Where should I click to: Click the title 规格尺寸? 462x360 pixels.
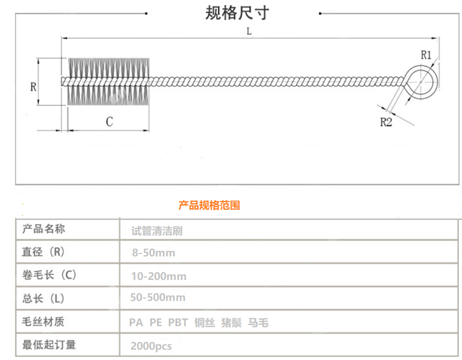pyautogui.click(x=237, y=13)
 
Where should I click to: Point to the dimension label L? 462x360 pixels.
pyautogui.click(x=248, y=31)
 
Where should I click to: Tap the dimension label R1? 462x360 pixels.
pyautogui.click(x=426, y=55)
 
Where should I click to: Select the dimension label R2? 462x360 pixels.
pyautogui.click(x=386, y=122)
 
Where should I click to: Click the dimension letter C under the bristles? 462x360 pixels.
pyautogui.click(x=109, y=122)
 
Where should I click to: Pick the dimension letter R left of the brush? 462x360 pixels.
pyautogui.click(x=33, y=87)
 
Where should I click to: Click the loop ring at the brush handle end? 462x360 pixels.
pyautogui.click(x=423, y=82)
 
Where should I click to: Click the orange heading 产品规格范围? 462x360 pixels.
pyautogui.click(x=209, y=206)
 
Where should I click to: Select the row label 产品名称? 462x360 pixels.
pyautogui.click(x=44, y=229)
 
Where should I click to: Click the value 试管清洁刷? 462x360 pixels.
pyautogui.click(x=157, y=231)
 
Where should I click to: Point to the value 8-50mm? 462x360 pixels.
pyautogui.click(x=153, y=253)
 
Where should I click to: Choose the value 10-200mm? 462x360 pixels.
pyautogui.click(x=159, y=276)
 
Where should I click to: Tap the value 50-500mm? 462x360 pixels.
pyautogui.click(x=158, y=297)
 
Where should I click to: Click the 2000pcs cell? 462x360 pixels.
pyautogui.click(x=151, y=346)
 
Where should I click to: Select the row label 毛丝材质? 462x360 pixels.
pyautogui.click(x=44, y=322)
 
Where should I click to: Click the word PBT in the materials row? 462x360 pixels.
pyautogui.click(x=178, y=323)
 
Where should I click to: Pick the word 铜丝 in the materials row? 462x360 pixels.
pyautogui.click(x=204, y=323)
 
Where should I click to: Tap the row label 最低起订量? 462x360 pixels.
pyautogui.click(x=49, y=345)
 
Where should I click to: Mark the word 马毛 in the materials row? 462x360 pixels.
pyautogui.click(x=258, y=323)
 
